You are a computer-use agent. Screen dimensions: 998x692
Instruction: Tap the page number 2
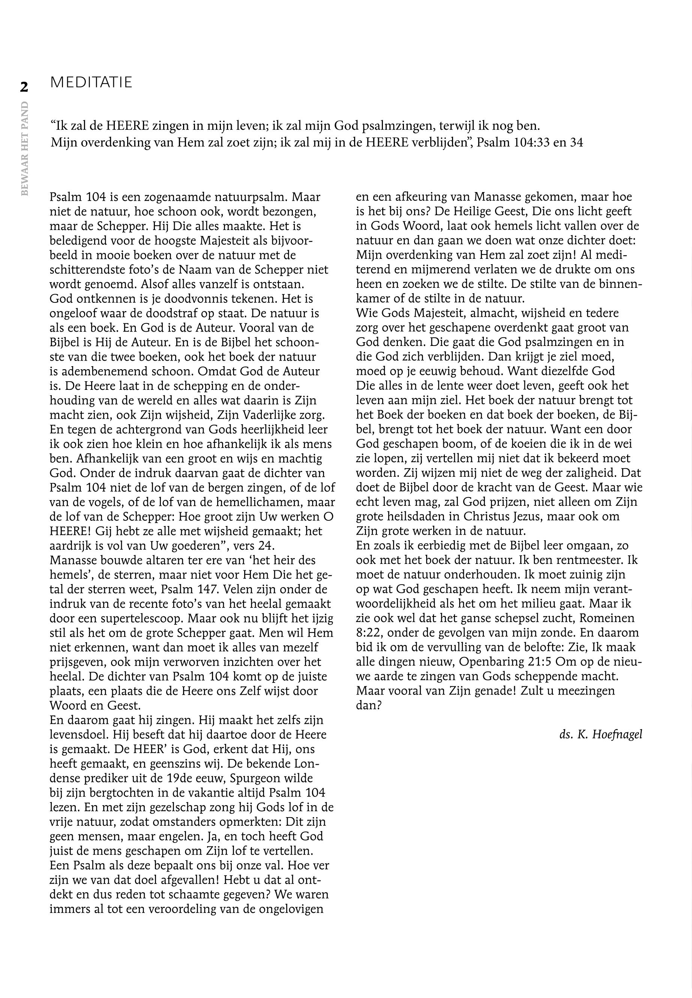pos(24,87)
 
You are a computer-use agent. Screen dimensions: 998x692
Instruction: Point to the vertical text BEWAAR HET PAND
pos(25,148)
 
